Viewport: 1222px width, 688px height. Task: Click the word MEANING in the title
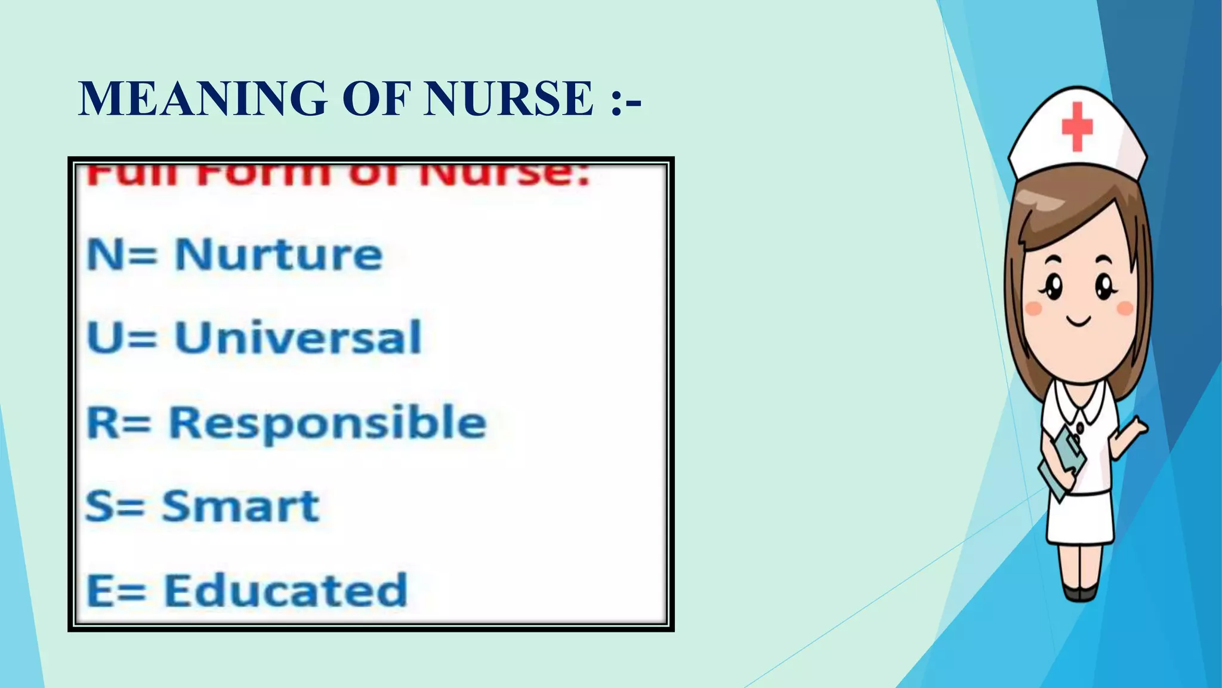coord(203,99)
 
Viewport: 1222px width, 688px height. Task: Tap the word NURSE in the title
coord(508,99)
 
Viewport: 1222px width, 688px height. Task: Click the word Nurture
coord(278,255)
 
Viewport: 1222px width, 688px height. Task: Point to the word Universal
coord(298,337)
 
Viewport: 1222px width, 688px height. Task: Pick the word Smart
coord(240,506)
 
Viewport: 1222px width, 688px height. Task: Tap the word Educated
coord(285,590)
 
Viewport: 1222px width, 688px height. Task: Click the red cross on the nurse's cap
coord(1077,126)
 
